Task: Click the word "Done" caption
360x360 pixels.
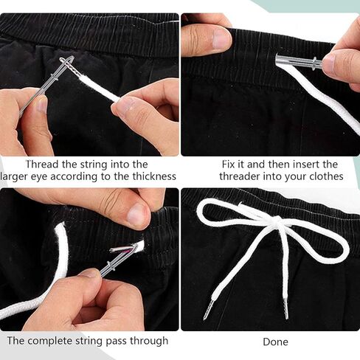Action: tap(275, 342)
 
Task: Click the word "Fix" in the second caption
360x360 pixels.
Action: tap(229, 164)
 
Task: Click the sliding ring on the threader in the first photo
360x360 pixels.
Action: tap(55, 77)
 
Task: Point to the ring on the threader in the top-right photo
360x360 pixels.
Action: tap(315, 63)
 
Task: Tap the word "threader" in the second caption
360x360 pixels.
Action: tap(239, 176)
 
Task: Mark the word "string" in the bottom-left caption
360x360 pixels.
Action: tap(89, 342)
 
